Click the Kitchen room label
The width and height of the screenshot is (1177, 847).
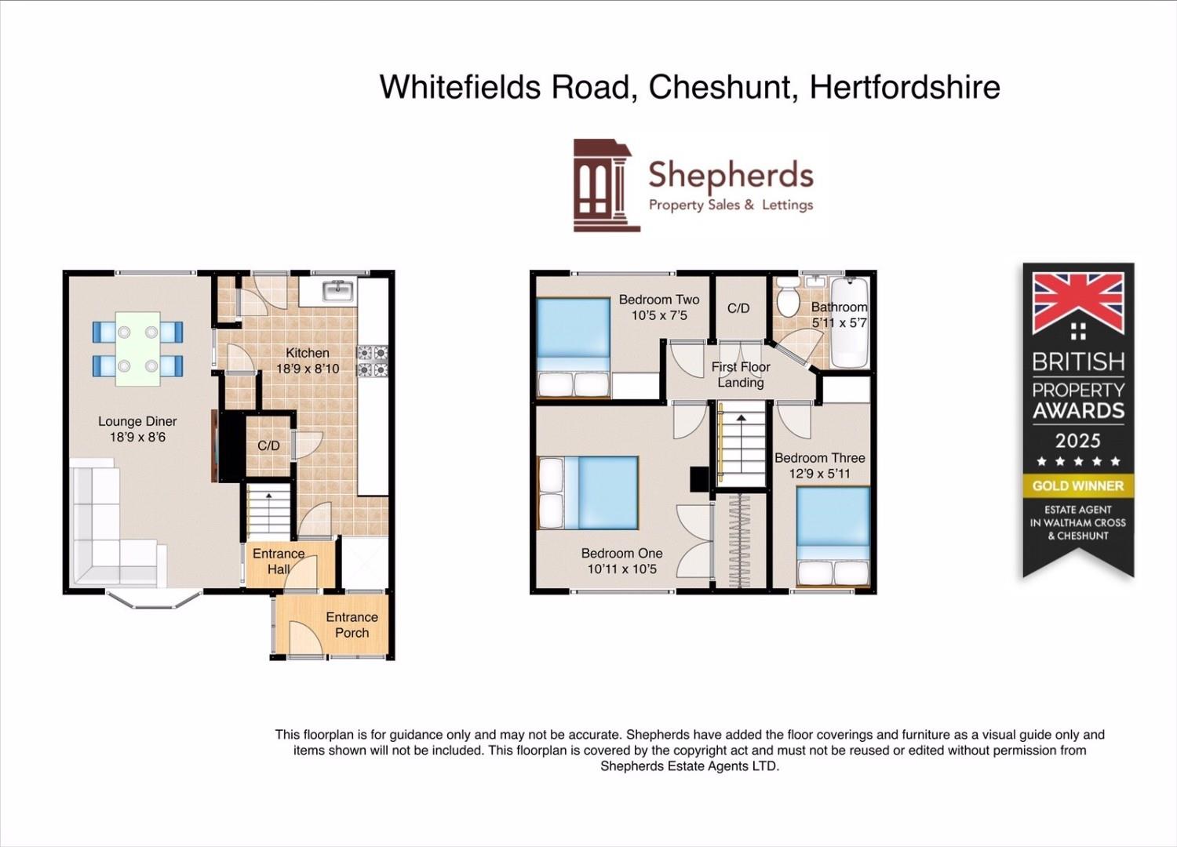tap(307, 353)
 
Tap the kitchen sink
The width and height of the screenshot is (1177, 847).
tap(338, 291)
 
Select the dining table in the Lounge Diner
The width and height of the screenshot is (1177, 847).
tap(137, 349)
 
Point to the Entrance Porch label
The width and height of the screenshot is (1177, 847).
tap(352, 625)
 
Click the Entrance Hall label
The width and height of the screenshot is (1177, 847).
tap(279, 562)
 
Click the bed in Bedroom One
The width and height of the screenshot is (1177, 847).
tap(590, 493)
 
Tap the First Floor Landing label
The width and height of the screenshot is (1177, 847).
tap(741, 375)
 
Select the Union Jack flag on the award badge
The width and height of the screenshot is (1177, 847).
tap(1077, 303)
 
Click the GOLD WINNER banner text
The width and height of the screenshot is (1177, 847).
tap(1077, 485)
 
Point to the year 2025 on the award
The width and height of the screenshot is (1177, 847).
tap(1077, 441)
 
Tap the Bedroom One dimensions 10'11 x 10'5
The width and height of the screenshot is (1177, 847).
tap(621, 569)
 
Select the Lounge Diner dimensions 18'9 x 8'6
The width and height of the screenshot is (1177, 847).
tap(137, 438)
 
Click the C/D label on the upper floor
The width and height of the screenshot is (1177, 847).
tap(738, 308)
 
